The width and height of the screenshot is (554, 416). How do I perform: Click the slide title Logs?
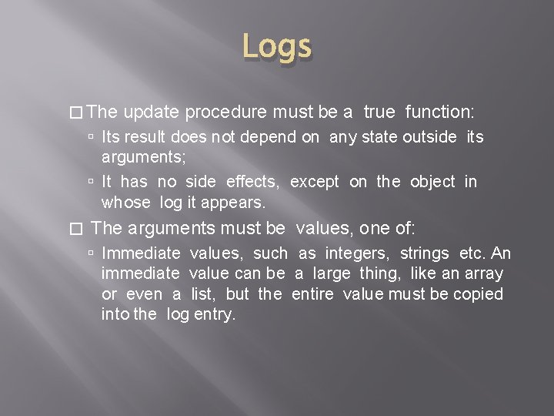277,47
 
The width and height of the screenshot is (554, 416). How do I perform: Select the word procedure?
227,112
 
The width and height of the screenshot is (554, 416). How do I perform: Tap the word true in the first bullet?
379,112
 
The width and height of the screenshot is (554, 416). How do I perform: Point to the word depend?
299,138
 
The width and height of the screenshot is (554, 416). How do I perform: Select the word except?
314,181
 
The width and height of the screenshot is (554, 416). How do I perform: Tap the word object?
432,181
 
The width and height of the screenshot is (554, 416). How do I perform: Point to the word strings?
426,253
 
